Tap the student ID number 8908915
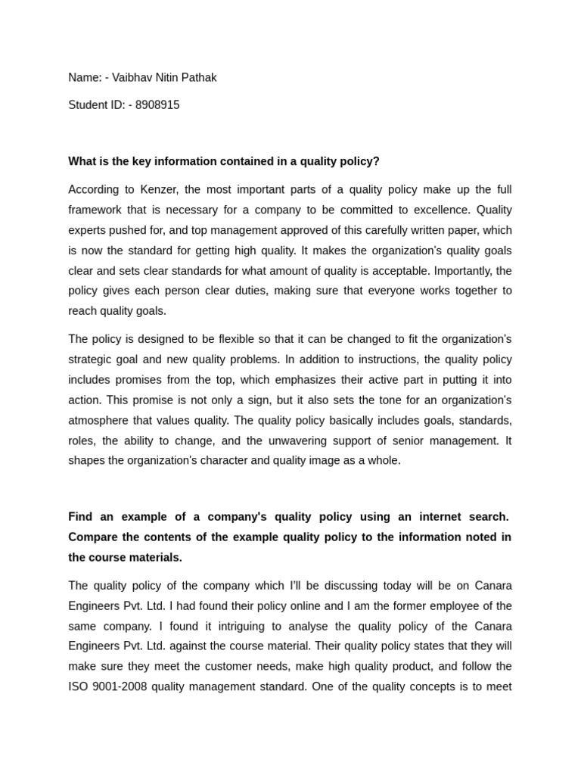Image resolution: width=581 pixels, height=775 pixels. pyautogui.click(x=157, y=105)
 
